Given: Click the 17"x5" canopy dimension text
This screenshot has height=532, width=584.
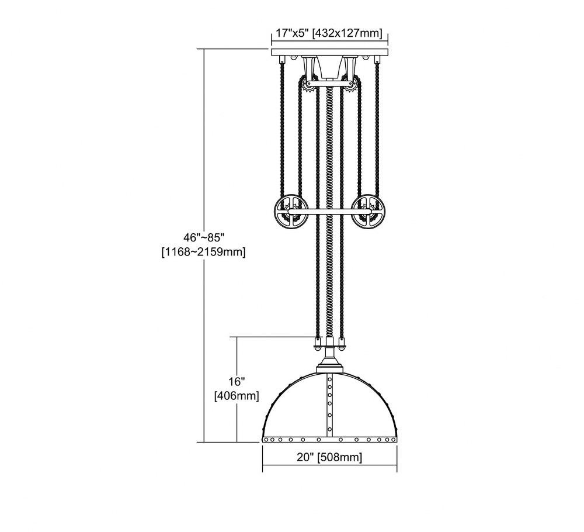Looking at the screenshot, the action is (x=293, y=33).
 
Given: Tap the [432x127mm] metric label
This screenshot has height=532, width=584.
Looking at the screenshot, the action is (x=347, y=33).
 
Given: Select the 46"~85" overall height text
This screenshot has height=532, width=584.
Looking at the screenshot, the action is (x=204, y=237).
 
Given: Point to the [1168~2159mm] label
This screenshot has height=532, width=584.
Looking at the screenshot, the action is (x=203, y=253).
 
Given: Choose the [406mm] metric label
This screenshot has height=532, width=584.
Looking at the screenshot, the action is (x=237, y=396).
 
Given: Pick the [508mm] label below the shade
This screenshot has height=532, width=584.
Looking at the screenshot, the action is (x=340, y=457).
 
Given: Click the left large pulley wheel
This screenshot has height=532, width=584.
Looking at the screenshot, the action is (x=290, y=212).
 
